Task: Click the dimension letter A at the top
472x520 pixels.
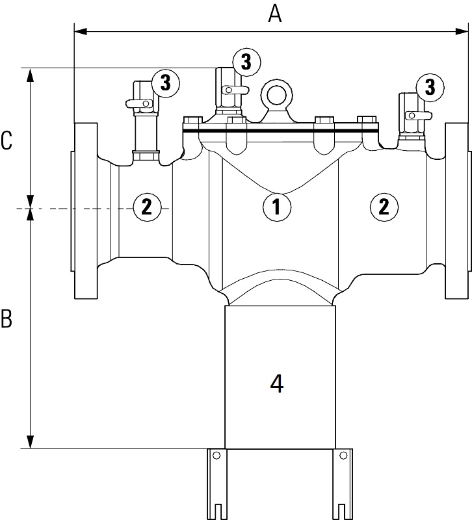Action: [275, 14]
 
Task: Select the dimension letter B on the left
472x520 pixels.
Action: [7, 319]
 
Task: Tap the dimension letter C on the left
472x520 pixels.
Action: [7, 140]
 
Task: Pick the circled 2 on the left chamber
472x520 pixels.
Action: [146, 207]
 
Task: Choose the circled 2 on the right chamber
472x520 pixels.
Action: [384, 207]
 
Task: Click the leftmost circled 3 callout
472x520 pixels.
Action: [165, 83]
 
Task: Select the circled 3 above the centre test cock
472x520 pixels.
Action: [246, 62]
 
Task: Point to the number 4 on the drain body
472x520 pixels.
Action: [276, 384]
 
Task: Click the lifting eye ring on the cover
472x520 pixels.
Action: [275, 96]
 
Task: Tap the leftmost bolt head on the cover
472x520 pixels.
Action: [192, 122]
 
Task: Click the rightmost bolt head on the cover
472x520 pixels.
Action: [367, 122]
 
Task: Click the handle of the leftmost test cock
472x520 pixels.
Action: [139, 102]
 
